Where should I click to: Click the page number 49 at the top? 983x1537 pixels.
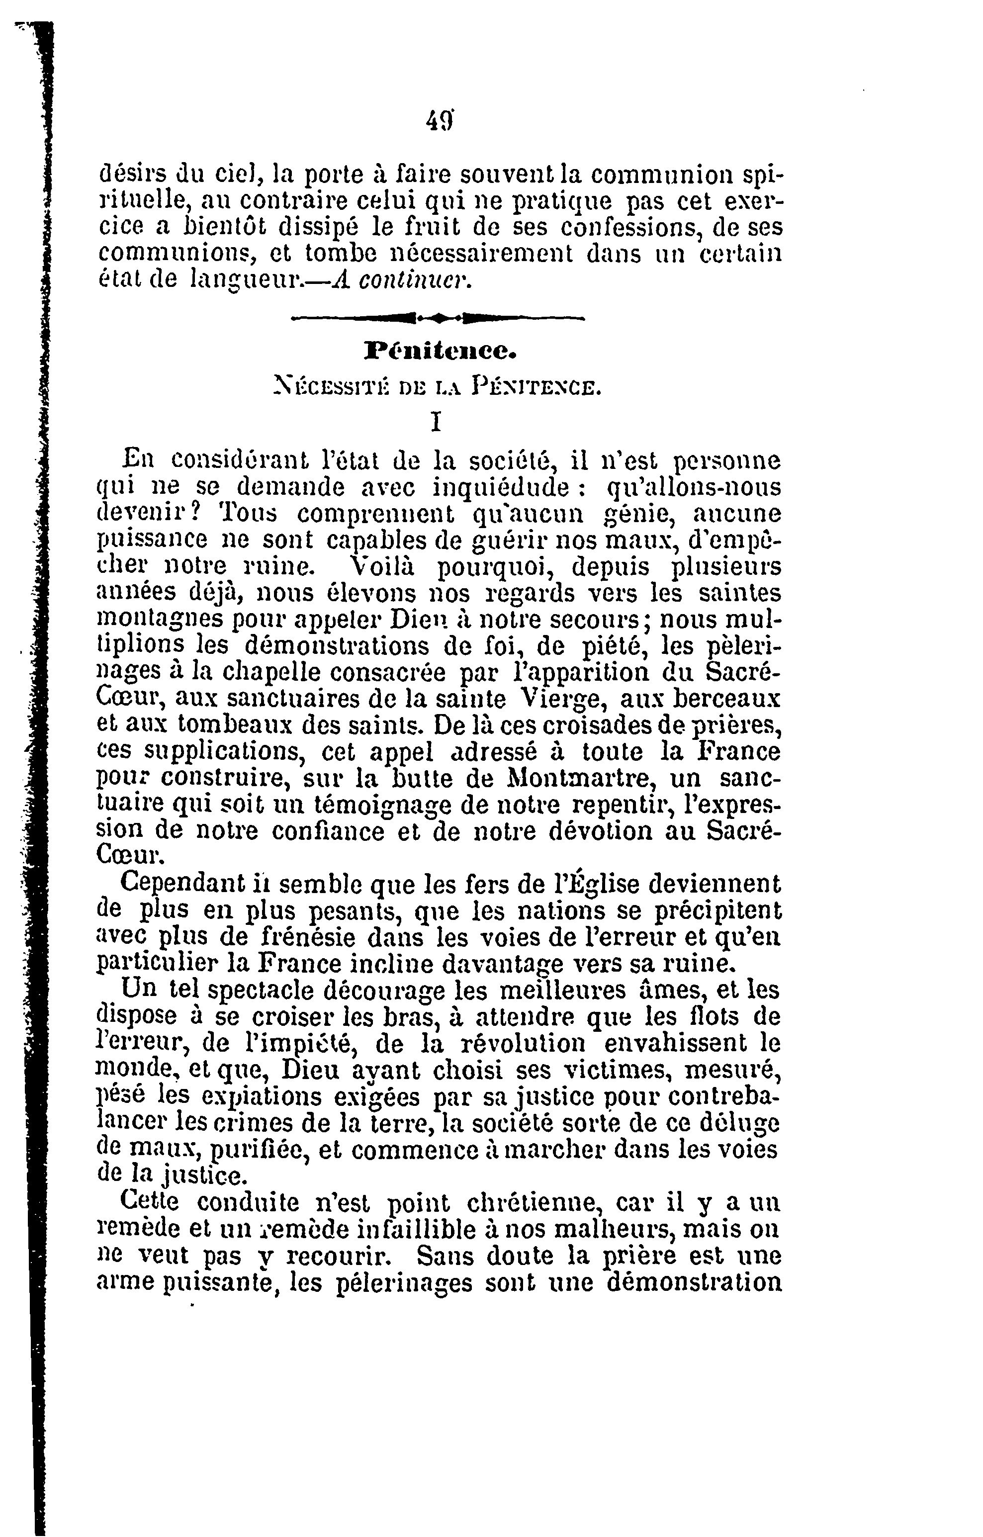pos(439,120)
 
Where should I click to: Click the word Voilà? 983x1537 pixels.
pos(384,566)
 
